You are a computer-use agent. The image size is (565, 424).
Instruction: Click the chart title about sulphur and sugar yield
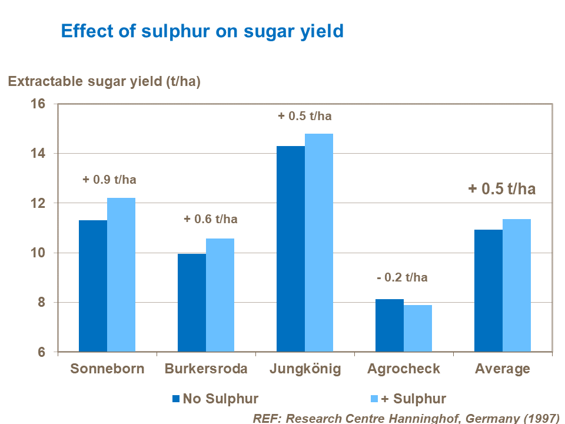pyautogui.click(x=202, y=31)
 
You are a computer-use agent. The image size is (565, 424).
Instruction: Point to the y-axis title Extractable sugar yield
pyautogui.click(x=104, y=82)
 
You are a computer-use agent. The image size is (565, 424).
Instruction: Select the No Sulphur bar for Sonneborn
pyautogui.click(x=93, y=286)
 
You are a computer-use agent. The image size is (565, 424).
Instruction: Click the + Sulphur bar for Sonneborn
pyautogui.click(x=121, y=275)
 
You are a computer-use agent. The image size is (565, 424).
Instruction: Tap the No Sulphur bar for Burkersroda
pyautogui.click(x=192, y=303)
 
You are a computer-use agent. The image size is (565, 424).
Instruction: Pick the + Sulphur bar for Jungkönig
pyautogui.click(x=319, y=243)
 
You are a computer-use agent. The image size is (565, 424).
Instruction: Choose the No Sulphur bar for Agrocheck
pyautogui.click(x=390, y=326)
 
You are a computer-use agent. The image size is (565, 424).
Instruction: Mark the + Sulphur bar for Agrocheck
pyautogui.click(x=418, y=329)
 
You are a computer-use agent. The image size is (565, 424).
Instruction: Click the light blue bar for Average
pyautogui.click(x=517, y=286)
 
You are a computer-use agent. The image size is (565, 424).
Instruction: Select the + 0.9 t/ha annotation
pyautogui.click(x=109, y=180)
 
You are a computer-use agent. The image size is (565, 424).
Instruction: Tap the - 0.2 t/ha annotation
pyautogui.click(x=402, y=278)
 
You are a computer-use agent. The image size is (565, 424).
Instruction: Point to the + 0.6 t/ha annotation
pyautogui.click(x=211, y=219)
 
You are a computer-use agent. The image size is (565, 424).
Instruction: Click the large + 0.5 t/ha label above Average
pyautogui.click(x=502, y=188)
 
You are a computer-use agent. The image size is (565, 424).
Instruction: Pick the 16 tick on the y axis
pyautogui.click(x=38, y=104)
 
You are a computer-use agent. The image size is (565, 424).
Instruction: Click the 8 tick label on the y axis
pyautogui.click(x=41, y=303)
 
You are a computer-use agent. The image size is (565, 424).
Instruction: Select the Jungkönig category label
pyautogui.click(x=305, y=369)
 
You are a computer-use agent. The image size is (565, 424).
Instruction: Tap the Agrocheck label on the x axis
pyautogui.click(x=404, y=369)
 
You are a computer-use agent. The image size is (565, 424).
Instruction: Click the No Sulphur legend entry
pyautogui.click(x=215, y=399)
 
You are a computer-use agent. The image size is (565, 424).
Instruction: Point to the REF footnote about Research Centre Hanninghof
pyautogui.click(x=406, y=418)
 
